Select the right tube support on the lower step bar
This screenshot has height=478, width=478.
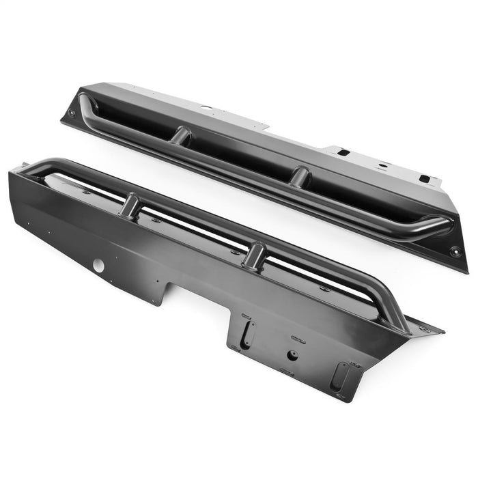point(254,255)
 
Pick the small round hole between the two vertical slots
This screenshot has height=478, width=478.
point(292,354)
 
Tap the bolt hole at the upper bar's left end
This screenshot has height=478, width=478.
point(72,113)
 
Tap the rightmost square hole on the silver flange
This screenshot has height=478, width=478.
point(424,179)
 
